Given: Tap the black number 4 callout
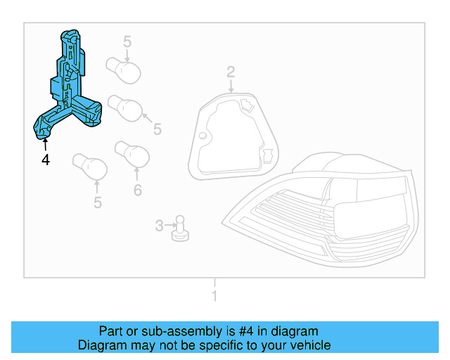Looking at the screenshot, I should point(46,160).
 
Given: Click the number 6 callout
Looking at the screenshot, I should point(137,189).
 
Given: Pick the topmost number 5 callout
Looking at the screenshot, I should point(127,41).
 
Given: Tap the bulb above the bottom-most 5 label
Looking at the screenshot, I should point(91,168).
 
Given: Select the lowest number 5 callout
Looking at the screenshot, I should point(98,203).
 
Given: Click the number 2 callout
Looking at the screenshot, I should point(230,71).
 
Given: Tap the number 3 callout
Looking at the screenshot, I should point(159,226).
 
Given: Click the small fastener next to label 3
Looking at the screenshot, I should point(179,228).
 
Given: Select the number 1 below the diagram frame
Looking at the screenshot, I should point(215,296).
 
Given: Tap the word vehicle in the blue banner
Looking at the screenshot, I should point(308,345).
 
